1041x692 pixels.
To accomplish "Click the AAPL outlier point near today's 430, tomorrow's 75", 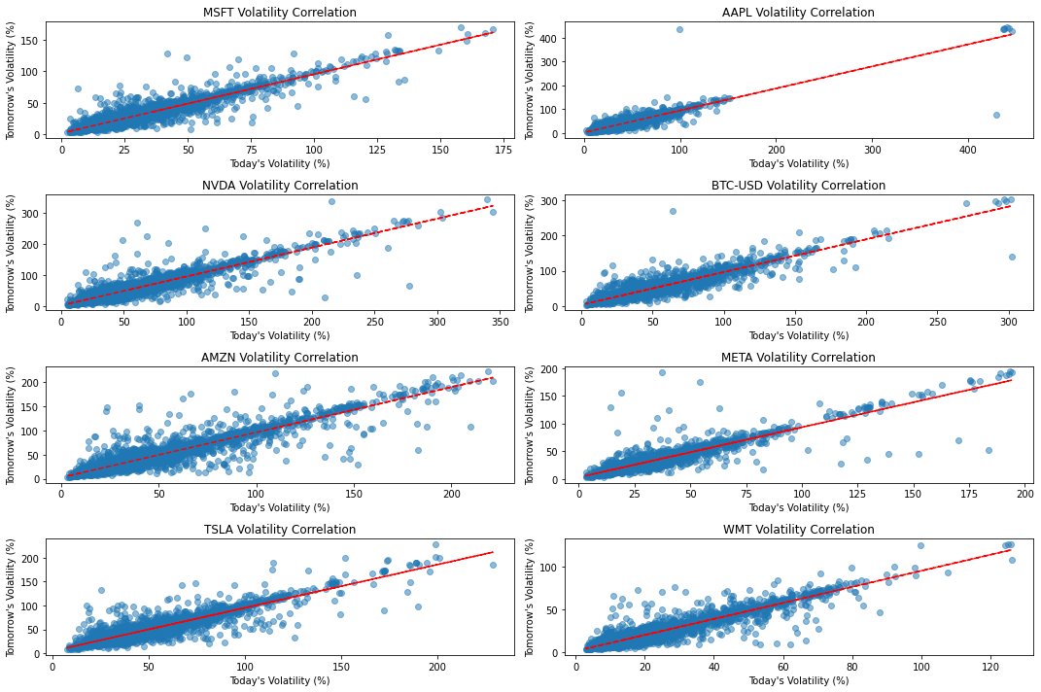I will tap(996, 116).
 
